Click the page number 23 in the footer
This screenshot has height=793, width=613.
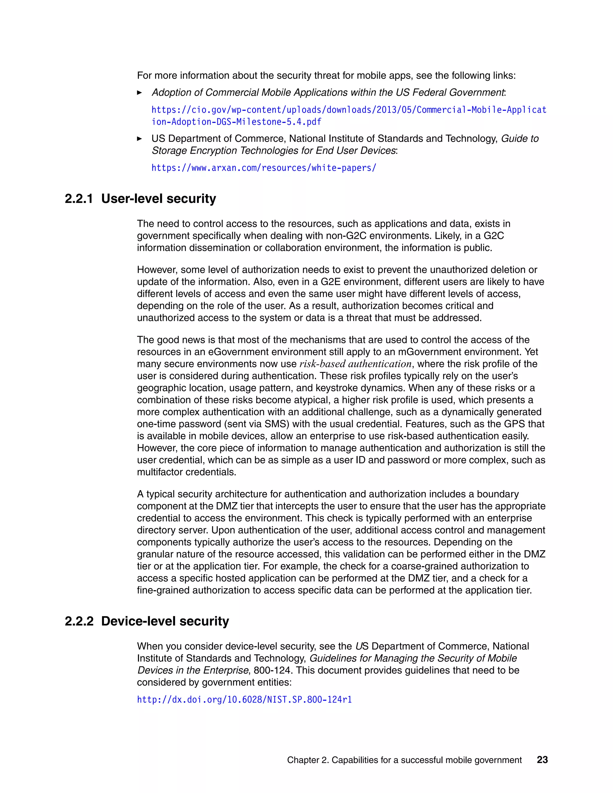tap(542, 759)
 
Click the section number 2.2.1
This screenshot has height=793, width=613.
tap(79, 199)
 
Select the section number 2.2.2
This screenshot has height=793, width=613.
tap(79, 621)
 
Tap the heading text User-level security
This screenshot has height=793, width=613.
tap(158, 199)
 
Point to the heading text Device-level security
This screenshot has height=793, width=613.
tap(165, 621)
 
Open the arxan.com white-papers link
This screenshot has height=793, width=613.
tap(264, 168)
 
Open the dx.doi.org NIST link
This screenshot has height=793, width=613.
tap(245, 699)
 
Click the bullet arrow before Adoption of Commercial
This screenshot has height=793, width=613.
tap(139, 92)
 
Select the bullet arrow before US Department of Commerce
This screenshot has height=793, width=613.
tap(139, 139)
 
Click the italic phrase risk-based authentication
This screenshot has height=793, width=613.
tap(355, 364)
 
